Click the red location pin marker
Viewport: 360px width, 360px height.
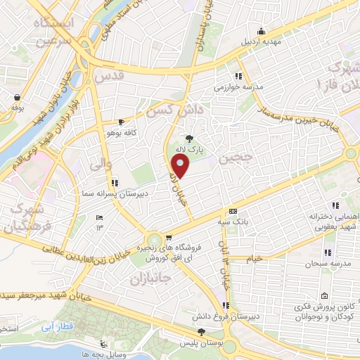click(181, 167)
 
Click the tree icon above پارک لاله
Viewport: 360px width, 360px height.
click(189, 138)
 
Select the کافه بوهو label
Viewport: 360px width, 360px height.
click(120, 132)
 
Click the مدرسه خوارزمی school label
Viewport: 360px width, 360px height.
click(238, 88)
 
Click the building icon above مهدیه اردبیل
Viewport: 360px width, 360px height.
click(262, 30)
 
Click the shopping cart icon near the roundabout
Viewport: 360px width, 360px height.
click(169, 237)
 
